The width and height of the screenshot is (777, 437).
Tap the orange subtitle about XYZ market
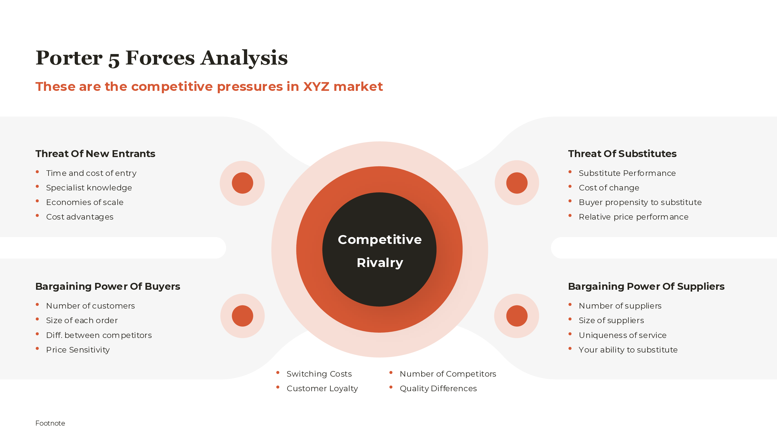click(x=209, y=87)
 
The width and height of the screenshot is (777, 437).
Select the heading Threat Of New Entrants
click(x=95, y=154)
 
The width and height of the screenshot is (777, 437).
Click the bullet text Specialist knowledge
click(x=89, y=188)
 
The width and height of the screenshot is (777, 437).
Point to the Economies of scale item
click(x=85, y=202)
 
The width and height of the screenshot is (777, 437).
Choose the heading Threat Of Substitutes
click(x=622, y=154)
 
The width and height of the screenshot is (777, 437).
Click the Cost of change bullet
click(x=609, y=188)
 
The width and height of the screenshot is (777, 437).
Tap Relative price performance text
click(x=633, y=217)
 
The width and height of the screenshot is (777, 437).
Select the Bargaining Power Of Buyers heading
click(x=107, y=286)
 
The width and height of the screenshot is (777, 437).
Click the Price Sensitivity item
click(x=78, y=350)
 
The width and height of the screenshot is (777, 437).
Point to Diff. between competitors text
click(x=99, y=335)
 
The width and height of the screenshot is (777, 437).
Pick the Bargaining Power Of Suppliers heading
click(x=646, y=286)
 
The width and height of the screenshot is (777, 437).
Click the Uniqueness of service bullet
click(x=622, y=335)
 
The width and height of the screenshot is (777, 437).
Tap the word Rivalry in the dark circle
click(x=380, y=262)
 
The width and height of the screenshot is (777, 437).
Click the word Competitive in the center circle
click(x=379, y=239)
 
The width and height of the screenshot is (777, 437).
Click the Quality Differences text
click(x=438, y=389)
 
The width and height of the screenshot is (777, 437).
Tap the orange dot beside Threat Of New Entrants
click(x=242, y=183)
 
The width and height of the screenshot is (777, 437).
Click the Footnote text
click(x=50, y=423)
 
